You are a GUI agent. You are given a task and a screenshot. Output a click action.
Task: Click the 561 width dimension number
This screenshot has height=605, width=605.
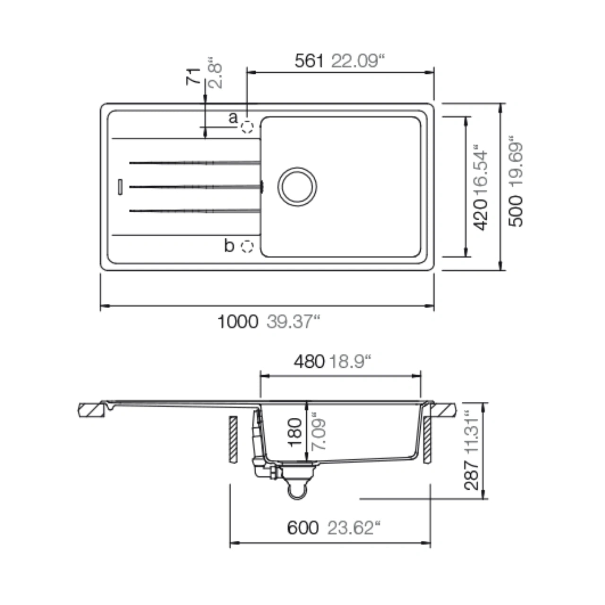click(309, 60)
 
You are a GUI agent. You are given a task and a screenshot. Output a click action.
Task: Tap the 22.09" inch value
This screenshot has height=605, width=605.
click(358, 60)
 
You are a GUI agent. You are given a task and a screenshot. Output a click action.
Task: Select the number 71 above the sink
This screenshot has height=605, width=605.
click(193, 76)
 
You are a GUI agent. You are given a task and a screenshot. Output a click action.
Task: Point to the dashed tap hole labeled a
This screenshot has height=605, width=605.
click(247, 127)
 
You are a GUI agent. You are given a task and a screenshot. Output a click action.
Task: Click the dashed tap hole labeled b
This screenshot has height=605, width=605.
click(247, 246)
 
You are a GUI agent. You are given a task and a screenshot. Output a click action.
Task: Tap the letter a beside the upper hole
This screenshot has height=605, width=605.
click(233, 118)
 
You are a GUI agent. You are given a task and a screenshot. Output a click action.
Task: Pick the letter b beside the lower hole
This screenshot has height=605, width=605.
click(229, 245)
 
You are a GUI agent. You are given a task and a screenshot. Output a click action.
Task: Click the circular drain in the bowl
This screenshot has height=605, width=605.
click(297, 187)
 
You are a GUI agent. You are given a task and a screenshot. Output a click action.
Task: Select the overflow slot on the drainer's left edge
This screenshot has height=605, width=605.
click(120, 187)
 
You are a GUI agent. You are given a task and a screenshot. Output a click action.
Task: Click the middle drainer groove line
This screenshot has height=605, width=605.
click(196, 187)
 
